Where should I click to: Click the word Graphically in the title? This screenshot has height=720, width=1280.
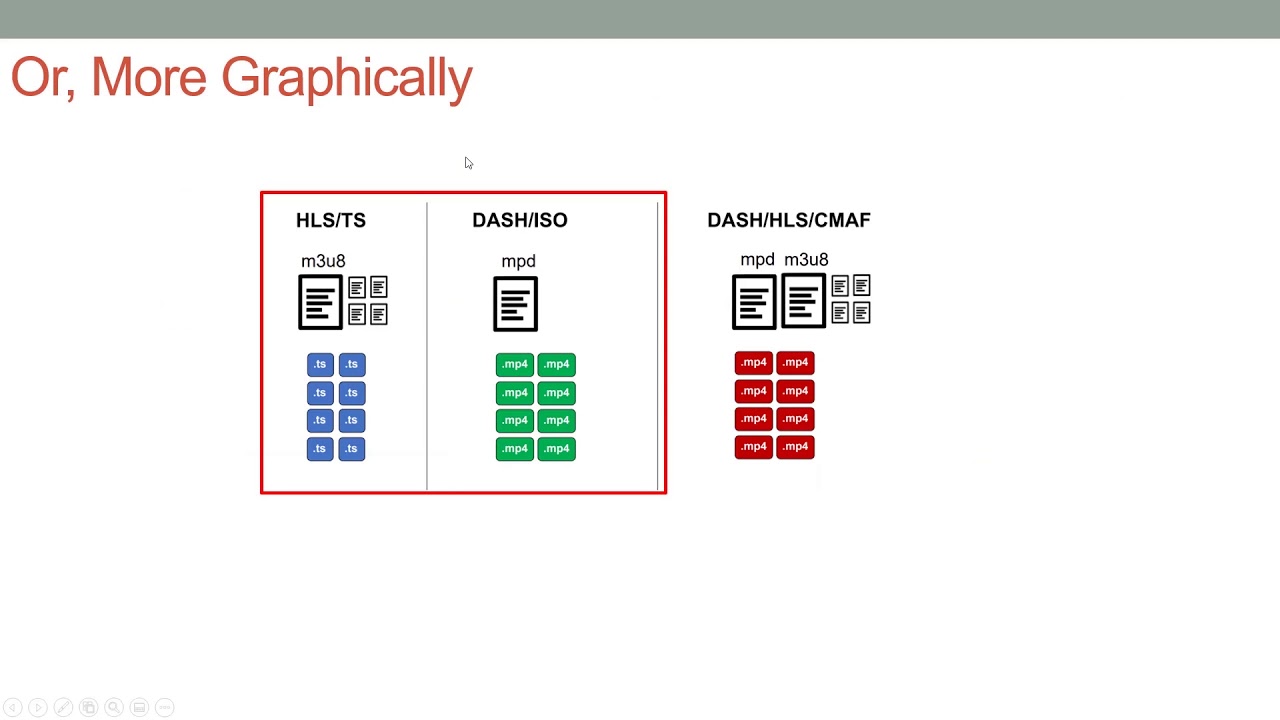[x=347, y=79]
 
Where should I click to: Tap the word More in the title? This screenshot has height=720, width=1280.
[x=149, y=77]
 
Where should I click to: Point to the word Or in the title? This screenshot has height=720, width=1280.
[x=43, y=78]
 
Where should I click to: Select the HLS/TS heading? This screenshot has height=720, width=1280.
[x=331, y=220]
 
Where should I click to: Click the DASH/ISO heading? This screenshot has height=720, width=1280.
[x=520, y=220]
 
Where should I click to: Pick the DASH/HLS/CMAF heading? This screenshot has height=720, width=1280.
[x=789, y=220]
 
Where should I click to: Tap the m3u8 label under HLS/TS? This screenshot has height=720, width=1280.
[x=323, y=261]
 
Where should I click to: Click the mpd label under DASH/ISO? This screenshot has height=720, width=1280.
[x=518, y=261]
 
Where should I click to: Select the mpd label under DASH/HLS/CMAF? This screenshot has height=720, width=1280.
[x=757, y=259]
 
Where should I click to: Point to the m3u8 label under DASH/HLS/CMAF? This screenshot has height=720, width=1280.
[x=806, y=259]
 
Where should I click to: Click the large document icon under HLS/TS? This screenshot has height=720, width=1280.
[x=321, y=302]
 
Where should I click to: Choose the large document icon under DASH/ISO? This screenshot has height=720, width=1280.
[x=515, y=304]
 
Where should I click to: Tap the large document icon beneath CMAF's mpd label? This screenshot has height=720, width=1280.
[x=754, y=302]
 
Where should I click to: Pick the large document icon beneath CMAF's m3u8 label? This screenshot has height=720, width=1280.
[x=803, y=301]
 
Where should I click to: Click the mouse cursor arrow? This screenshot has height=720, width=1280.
[x=469, y=163]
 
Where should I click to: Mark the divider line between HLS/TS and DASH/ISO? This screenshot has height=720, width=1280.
[x=427, y=346]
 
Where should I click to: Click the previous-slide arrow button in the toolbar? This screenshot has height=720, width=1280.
[x=13, y=707]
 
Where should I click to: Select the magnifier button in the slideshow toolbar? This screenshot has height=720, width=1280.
[x=114, y=707]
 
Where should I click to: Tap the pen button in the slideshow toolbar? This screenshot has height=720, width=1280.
[x=63, y=707]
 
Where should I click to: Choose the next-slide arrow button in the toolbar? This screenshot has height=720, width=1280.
[x=38, y=707]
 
